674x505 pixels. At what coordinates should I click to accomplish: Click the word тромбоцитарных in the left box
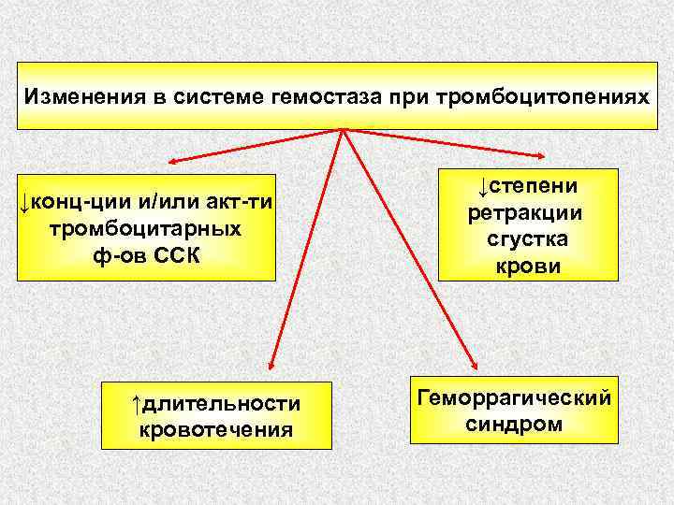pos(146,229)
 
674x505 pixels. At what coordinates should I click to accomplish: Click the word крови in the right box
pos(526,266)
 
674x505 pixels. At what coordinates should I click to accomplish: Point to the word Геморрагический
pos(514,398)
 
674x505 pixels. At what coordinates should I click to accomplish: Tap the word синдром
pos(514,425)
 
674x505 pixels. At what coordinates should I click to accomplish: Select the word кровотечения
pos(216,429)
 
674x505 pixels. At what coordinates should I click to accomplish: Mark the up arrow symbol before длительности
pos(137,403)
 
